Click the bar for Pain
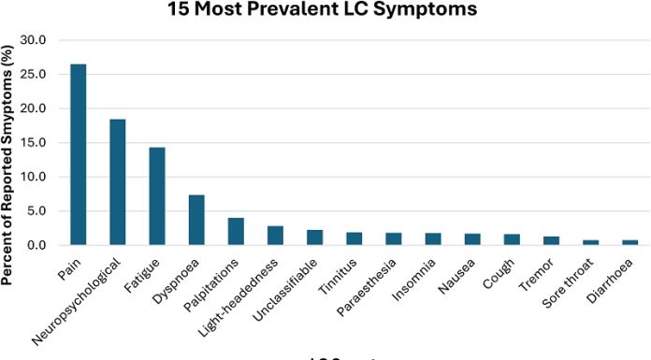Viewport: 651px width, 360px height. coord(79,155)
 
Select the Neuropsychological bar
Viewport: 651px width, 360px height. coord(118,182)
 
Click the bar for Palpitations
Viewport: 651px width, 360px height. coord(236,232)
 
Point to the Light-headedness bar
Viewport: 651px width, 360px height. coord(275,236)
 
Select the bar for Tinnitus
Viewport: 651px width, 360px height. coord(354,239)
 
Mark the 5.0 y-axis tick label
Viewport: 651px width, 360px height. coord(43,210)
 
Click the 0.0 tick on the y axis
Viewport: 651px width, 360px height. coord(43,245)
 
